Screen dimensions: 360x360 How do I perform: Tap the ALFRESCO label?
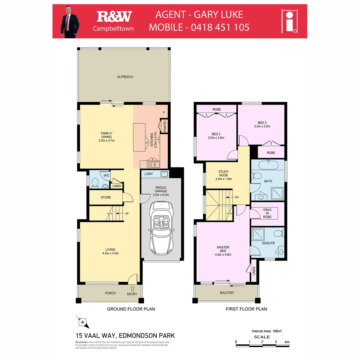coord(125,77)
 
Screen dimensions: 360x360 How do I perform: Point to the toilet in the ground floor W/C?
coord(95,183)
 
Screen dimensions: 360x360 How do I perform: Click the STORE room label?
coord(106,197)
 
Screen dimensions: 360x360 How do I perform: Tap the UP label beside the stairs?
coord(127,213)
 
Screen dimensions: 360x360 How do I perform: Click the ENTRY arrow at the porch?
coord(132,288)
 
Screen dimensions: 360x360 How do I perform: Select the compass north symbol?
coord(82,322)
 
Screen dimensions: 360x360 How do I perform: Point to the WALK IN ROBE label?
coord(267,213)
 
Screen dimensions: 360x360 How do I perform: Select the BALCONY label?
coord(227,293)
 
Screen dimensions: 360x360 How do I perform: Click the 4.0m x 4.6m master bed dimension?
coord(223,254)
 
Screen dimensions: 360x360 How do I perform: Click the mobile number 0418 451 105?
coord(220,27)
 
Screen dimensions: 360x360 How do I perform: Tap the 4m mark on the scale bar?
coord(287,342)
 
